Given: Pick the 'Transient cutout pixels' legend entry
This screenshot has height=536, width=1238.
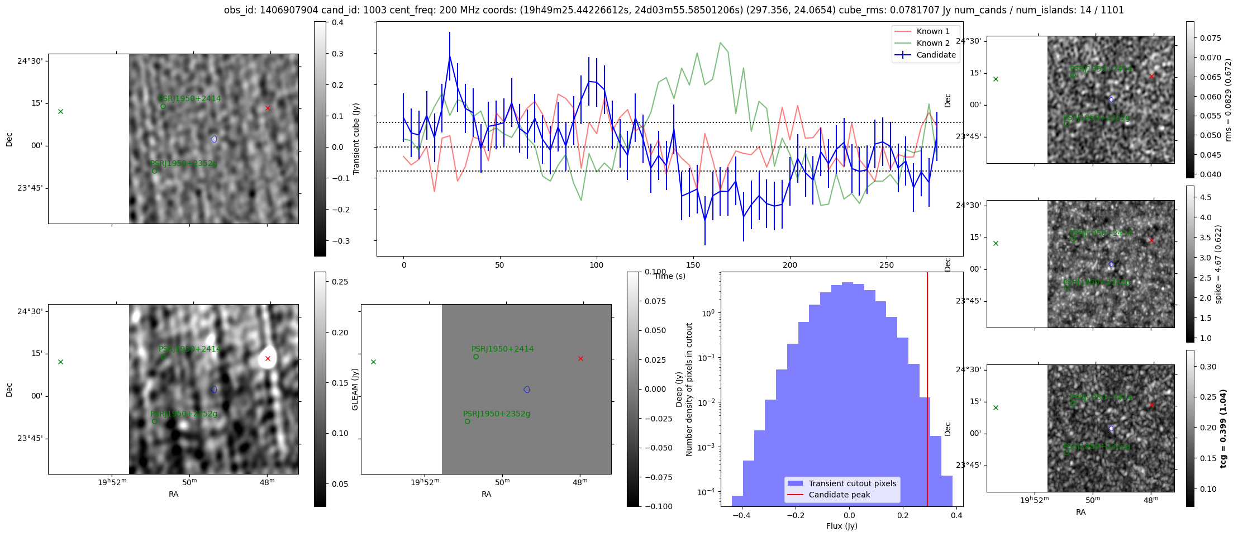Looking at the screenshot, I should (852, 483).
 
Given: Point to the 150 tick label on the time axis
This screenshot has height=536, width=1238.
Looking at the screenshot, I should (693, 265).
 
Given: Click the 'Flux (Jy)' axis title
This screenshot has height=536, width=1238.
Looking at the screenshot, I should (841, 526).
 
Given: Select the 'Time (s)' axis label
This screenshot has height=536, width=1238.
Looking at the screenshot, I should (670, 276).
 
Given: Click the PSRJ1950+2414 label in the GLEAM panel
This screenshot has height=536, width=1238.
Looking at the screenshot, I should (502, 349).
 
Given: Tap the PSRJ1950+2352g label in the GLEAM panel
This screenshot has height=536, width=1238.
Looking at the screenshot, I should (496, 414).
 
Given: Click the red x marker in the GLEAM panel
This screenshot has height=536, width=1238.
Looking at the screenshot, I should (580, 358).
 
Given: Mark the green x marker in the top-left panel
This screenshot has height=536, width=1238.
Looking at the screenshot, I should (60, 111).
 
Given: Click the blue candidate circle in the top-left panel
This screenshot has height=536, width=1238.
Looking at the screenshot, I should (214, 139).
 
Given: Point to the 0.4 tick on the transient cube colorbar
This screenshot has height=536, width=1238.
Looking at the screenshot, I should (337, 22).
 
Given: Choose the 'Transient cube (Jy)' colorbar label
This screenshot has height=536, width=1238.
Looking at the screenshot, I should (356, 139).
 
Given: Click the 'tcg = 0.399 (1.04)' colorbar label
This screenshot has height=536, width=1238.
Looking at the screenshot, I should (1223, 429).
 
